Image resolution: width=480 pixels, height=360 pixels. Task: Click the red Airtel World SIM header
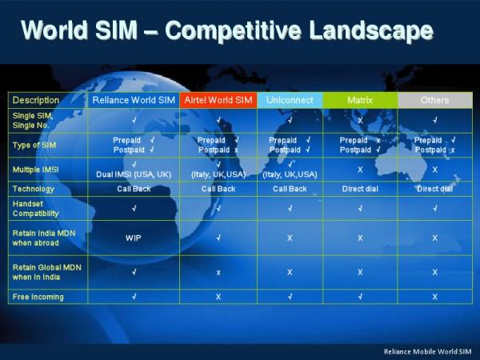[218, 100]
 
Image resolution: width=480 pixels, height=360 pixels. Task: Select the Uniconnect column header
[290, 100]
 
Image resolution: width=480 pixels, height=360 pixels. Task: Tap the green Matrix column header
[360, 100]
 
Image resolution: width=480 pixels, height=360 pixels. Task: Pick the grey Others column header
[435, 100]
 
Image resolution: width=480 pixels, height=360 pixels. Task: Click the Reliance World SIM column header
[134, 100]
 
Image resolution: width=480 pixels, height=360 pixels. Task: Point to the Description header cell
[36, 100]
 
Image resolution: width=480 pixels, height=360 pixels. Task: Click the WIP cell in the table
[133, 238]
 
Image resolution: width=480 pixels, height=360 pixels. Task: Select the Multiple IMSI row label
[35, 170]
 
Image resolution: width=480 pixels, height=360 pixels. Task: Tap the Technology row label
[34, 189]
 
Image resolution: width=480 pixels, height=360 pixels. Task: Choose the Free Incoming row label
[38, 297]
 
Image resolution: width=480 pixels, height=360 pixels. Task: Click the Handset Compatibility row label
[35, 209]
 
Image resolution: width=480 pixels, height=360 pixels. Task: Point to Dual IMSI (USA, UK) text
[134, 174]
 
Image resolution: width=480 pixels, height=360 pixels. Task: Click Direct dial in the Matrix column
[360, 189]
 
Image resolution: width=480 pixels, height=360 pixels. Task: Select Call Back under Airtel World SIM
[218, 189]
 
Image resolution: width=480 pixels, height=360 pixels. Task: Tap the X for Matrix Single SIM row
[360, 120]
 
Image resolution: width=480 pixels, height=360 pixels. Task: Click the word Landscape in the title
[371, 30]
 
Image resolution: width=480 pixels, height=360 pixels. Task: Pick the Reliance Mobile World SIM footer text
[428, 351]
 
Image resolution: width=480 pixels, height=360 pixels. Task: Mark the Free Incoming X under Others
[435, 297]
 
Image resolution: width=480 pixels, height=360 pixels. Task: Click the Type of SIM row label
[34, 145]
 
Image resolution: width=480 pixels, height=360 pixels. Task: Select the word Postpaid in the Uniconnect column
[285, 150]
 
